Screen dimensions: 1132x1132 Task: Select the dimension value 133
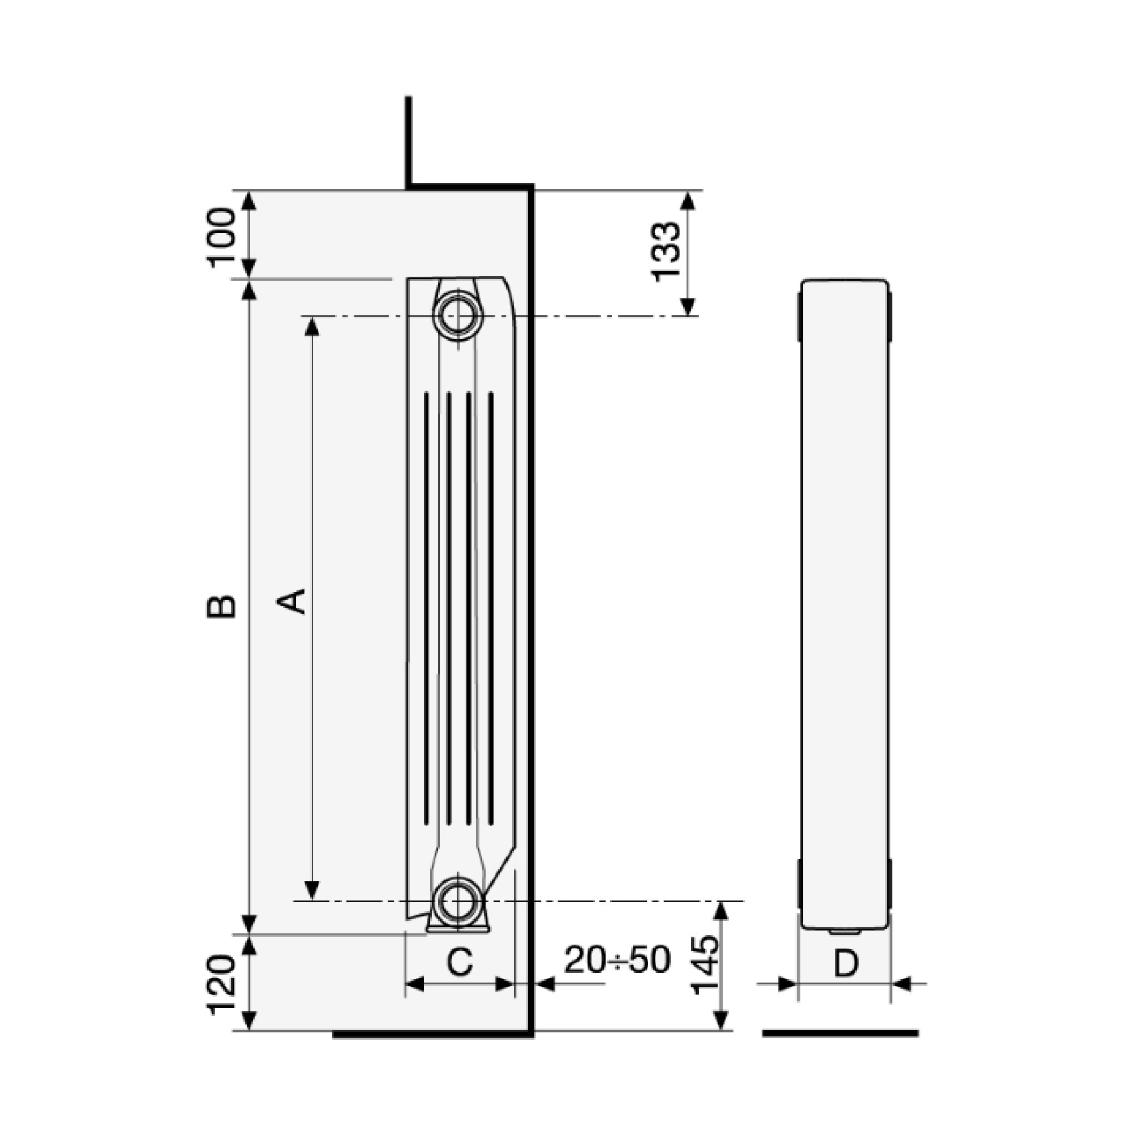[667, 251]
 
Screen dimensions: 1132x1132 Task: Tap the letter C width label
[460, 962]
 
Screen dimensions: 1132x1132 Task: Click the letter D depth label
[846, 963]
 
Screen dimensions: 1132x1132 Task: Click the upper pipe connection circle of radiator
[459, 316]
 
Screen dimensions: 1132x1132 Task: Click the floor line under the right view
[840, 1033]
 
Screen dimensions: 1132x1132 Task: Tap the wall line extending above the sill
[409, 140]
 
